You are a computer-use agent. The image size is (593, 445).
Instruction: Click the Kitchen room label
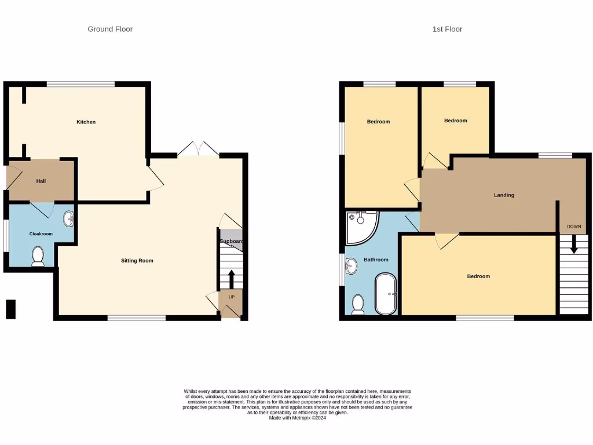(86, 122)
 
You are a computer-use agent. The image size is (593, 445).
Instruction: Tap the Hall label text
(41, 181)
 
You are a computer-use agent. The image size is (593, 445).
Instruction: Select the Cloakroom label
(41, 234)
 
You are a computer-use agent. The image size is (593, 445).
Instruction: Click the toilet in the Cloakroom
(38, 256)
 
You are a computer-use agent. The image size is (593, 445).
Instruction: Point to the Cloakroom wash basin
(68, 219)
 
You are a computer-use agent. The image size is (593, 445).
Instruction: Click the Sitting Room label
(137, 261)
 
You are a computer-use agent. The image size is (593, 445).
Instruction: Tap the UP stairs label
(232, 297)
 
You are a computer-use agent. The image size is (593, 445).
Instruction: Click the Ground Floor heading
(110, 29)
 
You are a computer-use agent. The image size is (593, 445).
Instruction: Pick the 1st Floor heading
(447, 29)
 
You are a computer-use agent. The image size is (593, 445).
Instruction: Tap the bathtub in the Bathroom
(386, 294)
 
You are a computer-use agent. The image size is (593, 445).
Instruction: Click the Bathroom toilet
(358, 304)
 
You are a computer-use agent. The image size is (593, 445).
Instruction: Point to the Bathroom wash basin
(350, 267)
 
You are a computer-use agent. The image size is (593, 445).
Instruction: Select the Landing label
(504, 195)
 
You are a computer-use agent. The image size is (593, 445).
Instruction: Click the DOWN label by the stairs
(574, 226)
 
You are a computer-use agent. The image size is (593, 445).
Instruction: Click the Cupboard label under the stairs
(231, 242)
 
